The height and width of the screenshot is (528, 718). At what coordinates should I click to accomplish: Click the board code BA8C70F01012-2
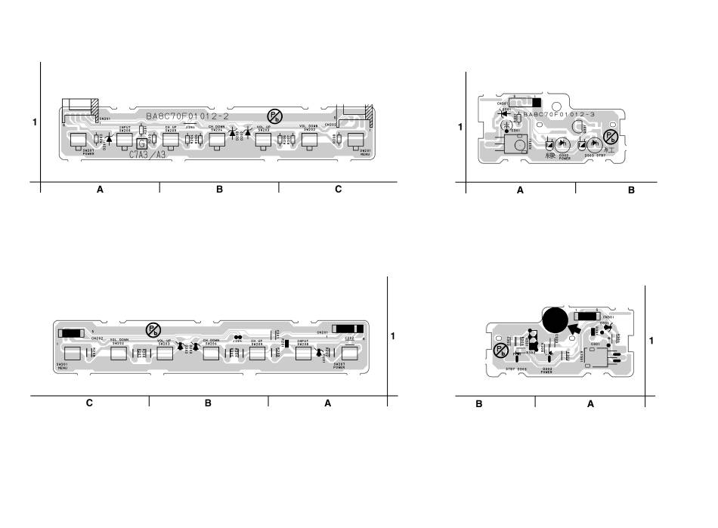click(187, 116)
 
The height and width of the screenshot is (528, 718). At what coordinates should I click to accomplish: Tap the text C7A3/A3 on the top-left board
click(147, 154)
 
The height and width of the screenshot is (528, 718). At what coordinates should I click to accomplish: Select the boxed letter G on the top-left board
click(141, 144)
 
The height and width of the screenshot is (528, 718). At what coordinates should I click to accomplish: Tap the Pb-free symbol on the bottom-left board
click(153, 330)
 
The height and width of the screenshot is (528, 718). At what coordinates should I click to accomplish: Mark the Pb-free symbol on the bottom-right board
click(500, 350)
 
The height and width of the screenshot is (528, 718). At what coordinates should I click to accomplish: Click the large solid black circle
click(555, 320)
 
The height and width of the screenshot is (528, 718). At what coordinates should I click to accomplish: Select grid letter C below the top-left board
click(338, 190)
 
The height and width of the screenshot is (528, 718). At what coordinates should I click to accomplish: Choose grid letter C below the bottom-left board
click(89, 403)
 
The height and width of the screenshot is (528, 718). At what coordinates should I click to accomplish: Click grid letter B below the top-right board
click(631, 190)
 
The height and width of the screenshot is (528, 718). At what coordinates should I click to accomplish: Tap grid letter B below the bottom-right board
click(479, 404)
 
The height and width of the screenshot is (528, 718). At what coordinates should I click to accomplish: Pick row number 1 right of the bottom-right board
click(651, 341)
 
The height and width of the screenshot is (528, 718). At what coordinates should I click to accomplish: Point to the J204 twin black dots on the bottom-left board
click(237, 338)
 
